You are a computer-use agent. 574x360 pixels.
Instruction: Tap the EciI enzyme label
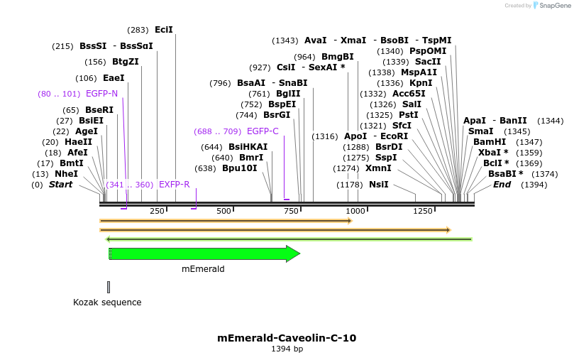tap(163, 30)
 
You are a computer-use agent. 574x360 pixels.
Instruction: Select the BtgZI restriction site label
tap(126, 62)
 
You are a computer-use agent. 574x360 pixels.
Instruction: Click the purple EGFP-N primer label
tap(101, 93)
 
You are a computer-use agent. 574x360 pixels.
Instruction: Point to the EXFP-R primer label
tap(174, 185)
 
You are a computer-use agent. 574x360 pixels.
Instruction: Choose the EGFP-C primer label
tap(263, 131)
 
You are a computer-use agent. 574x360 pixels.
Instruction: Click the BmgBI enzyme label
tap(337, 57)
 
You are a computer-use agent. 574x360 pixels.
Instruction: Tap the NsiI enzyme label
tap(378, 185)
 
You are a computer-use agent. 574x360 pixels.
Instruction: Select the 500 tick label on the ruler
tap(224, 211)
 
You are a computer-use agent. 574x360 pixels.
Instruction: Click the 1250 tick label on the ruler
tap(423, 211)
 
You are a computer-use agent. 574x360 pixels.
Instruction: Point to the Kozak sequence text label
tap(107, 302)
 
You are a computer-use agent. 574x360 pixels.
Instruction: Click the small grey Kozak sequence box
tap(109, 287)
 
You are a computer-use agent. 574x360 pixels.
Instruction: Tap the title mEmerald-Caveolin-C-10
tap(287, 338)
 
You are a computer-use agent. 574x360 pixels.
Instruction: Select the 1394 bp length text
tap(287, 349)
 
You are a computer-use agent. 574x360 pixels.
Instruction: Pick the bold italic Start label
tap(60, 185)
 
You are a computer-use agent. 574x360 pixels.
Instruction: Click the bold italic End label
tap(502, 185)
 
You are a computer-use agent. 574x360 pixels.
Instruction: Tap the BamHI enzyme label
tap(489, 142)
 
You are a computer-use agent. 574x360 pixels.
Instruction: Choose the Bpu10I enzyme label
tap(240, 168)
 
